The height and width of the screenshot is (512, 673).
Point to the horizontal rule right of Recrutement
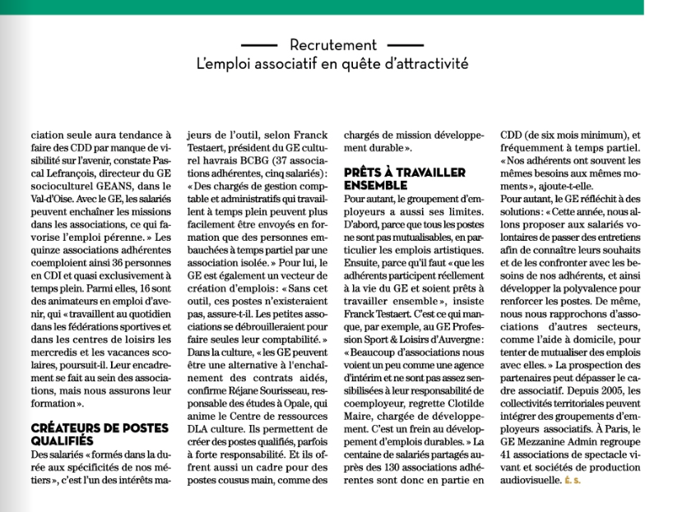coord(404,45)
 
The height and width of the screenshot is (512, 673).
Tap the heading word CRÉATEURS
coord(68,428)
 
